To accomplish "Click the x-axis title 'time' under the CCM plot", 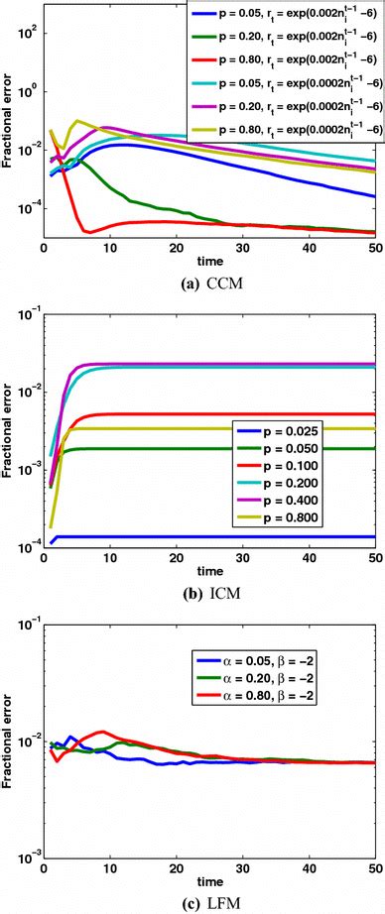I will (208, 260).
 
